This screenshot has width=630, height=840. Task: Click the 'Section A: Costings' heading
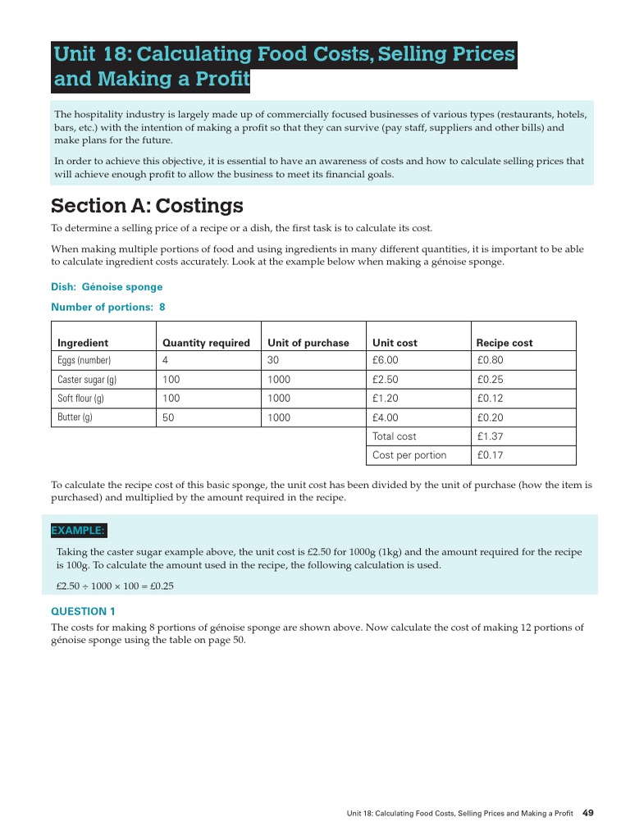[147, 205]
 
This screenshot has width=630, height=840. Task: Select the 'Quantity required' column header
[206, 343]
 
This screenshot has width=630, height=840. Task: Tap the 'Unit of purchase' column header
[308, 343]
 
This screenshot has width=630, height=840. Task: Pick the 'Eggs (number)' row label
[84, 360]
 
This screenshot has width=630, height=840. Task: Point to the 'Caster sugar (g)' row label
[87, 380]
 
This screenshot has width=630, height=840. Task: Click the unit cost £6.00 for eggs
[386, 360]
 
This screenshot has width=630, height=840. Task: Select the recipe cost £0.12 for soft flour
[490, 399]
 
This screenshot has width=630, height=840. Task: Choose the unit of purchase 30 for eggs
[274, 360]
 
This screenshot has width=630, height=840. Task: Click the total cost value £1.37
[490, 436]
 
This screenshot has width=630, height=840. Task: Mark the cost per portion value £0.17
[490, 455]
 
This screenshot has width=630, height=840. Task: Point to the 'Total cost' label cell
[395, 436]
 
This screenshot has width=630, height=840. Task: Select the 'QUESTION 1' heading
[83, 611]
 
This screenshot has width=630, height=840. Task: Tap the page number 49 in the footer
[587, 813]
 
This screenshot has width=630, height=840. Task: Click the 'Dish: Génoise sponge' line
[107, 287]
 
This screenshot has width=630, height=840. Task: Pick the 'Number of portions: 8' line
[108, 308]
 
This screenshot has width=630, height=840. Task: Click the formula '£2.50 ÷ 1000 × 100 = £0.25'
[115, 587]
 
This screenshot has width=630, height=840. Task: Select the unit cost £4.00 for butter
[386, 418]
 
